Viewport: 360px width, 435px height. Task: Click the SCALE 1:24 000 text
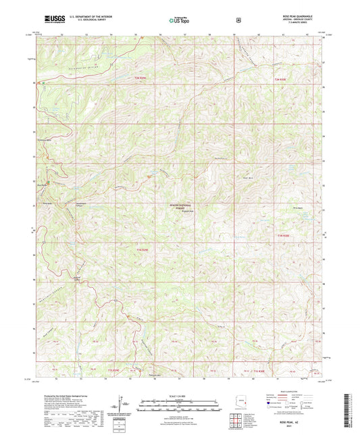180,394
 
